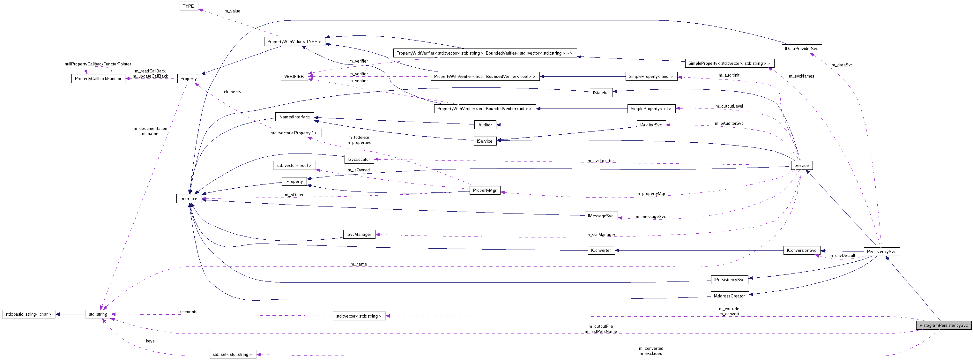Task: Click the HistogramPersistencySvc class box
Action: click(x=943, y=325)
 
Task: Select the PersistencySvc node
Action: click(x=881, y=251)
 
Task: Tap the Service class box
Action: click(x=801, y=165)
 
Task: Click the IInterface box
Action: click(x=189, y=199)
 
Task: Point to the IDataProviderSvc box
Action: click(x=801, y=49)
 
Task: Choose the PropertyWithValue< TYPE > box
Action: click(x=294, y=41)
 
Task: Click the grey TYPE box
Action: click(x=188, y=6)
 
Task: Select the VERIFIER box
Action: click(x=294, y=76)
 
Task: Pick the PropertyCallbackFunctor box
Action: click(x=98, y=79)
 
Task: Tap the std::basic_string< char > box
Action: click(x=28, y=314)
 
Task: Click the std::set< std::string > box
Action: click(x=232, y=354)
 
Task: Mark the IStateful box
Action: click(x=601, y=93)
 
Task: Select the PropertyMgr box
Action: click(x=485, y=191)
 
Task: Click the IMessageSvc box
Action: click(x=601, y=216)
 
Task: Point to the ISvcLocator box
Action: click(x=359, y=159)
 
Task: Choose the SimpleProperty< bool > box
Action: click(x=651, y=76)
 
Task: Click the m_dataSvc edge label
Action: click(x=842, y=65)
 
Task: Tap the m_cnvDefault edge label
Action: click(x=842, y=256)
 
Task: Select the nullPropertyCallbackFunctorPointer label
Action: click(x=98, y=64)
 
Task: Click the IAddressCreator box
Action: click(x=729, y=296)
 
